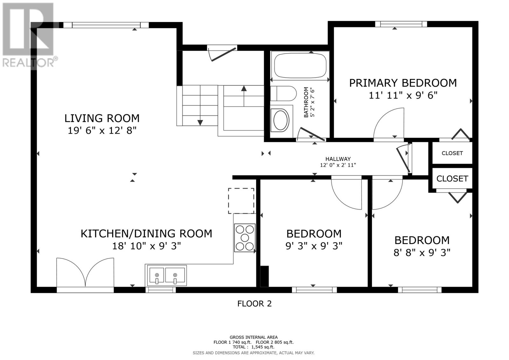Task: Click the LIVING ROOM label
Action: (x=102, y=118)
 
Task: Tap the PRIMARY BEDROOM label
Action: (x=403, y=83)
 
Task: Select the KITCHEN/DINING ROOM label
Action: (x=146, y=234)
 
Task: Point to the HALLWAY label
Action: (x=338, y=159)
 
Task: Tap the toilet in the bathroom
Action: (x=283, y=93)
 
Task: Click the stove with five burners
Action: (x=245, y=238)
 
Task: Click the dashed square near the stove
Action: (x=241, y=201)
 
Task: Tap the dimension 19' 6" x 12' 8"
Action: (x=102, y=131)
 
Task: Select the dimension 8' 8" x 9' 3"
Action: (x=422, y=253)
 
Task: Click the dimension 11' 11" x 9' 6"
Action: (x=403, y=95)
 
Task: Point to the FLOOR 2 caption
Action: (x=254, y=304)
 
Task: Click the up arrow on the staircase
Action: (x=244, y=96)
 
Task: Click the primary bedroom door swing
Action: (x=389, y=123)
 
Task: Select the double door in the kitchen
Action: (x=85, y=272)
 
